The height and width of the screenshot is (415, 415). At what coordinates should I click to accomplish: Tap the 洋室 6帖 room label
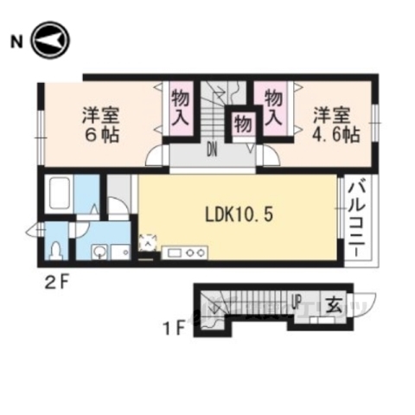pyautogui.click(x=100, y=124)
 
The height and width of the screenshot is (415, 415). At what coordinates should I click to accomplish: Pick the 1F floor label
pyautogui.click(x=175, y=329)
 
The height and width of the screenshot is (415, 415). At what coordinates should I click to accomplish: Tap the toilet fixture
pyautogui.click(x=57, y=251)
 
